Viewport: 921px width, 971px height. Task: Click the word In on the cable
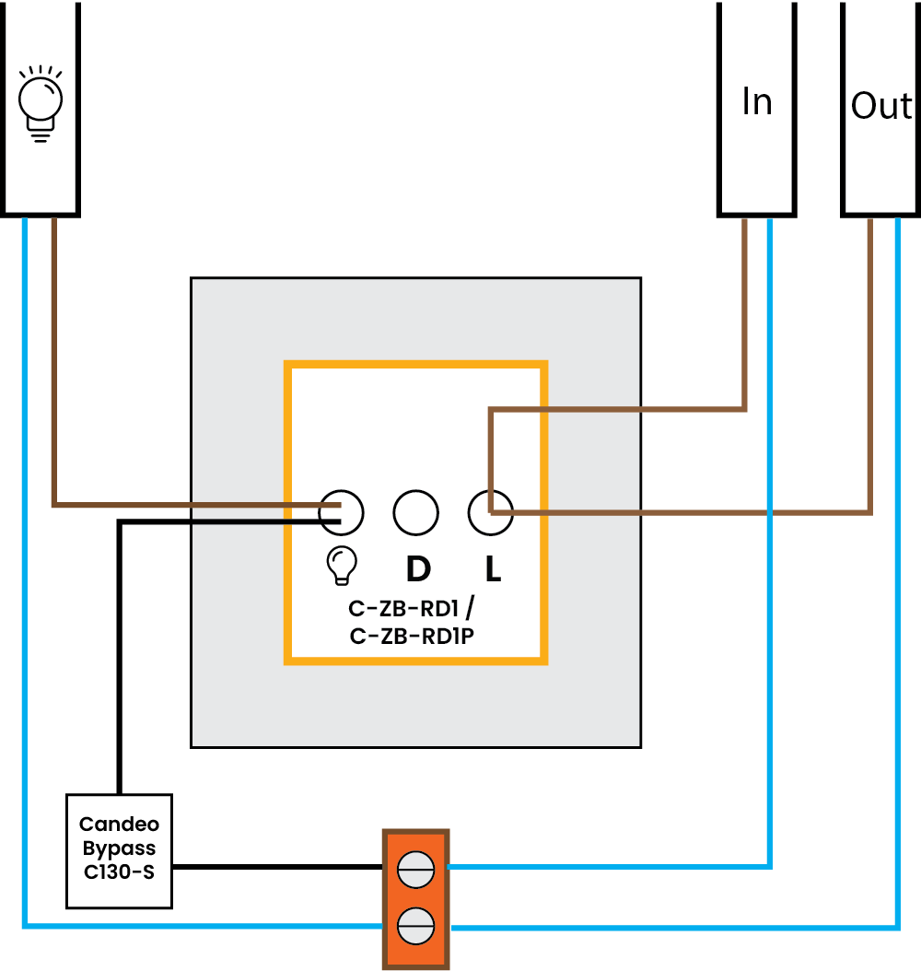pyautogui.click(x=756, y=101)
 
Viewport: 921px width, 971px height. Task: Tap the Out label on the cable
pyautogui.click(x=880, y=106)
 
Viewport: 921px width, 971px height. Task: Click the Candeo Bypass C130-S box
pyautogui.click(x=119, y=850)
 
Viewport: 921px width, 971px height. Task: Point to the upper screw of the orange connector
pyautogui.click(x=415, y=871)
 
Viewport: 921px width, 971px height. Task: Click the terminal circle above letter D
pyautogui.click(x=415, y=512)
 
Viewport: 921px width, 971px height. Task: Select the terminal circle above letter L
pyautogui.click(x=490, y=512)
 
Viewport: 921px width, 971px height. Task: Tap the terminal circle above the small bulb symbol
pyautogui.click(x=341, y=512)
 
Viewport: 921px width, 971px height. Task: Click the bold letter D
pyautogui.click(x=418, y=569)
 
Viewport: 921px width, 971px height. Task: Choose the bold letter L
pyautogui.click(x=493, y=569)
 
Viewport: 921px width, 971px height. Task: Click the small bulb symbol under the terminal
pyautogui.click(x=342, y=566)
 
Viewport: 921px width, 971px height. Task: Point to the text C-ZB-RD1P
pyautogui.click(x=411, y=636)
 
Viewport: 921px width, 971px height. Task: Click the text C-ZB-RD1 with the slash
pyautogui.click(x=411, y=609)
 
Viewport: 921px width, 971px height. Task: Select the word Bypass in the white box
pyautogui.click(x=119, y=848)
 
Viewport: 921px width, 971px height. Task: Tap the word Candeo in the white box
pyautogui.click(x=119, y=824)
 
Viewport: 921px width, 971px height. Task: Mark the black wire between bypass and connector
pyautogui.click(x=276, y=867)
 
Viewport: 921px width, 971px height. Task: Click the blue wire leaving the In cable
pyautogui.click(x=770, y=553)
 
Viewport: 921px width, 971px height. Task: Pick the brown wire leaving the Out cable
pyautogui.click(x=869, y=369)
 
